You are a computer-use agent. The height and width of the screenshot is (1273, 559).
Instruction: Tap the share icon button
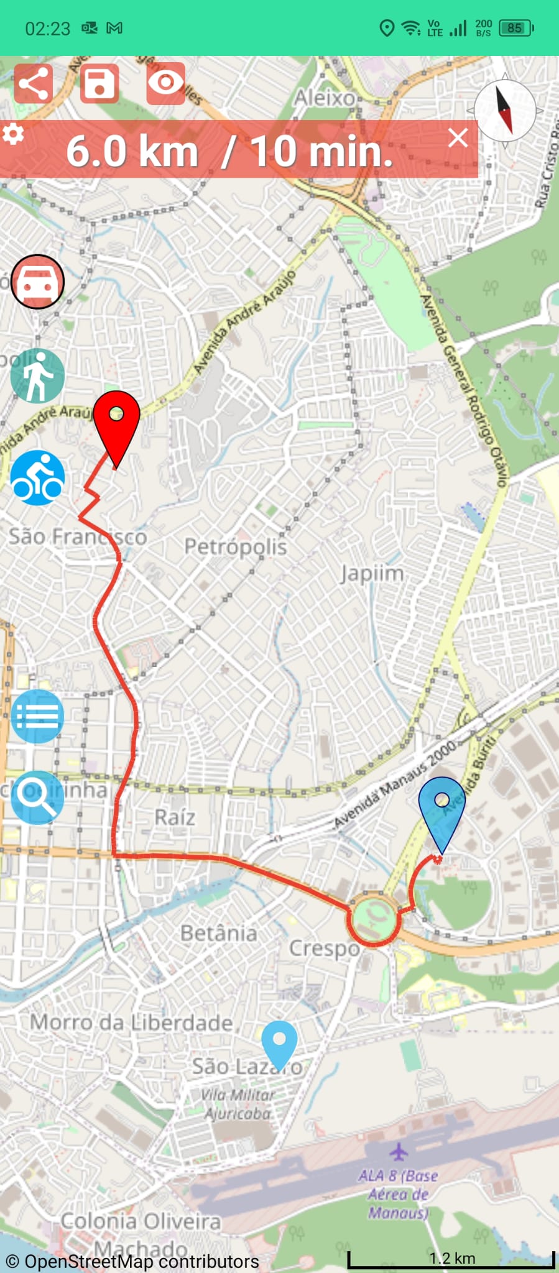click(x=33, y=83)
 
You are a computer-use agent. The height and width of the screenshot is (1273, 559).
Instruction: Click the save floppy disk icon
click(x=99, y=83)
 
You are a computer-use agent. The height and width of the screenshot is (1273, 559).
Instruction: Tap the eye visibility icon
click(x=166, y=83)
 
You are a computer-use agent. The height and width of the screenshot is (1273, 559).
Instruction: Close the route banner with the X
click(x=458, y=138)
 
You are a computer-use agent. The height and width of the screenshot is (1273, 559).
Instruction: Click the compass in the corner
click(x=504, y=110)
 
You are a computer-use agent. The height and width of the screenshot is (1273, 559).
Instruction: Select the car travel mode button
click(x=37, y=282)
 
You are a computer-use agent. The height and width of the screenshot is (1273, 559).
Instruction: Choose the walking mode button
click(x=37, y=376)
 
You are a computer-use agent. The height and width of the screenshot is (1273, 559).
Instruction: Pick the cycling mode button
click(x=37, y=478)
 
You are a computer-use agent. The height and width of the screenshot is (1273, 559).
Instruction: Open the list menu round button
click(x=37, y=716)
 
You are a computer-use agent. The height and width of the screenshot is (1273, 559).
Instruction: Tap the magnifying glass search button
click(x=37, y=797)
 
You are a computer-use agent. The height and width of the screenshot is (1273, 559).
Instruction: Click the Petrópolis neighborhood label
click(x=236, y=546)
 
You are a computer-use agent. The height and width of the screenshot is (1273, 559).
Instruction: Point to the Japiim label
click(x=372, y=573)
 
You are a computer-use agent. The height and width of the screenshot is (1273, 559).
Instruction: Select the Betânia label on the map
click(x=218, y=933)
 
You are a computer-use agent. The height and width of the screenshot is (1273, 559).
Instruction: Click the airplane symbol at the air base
click(x=399, y=1152)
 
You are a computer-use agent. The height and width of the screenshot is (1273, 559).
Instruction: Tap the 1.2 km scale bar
click(x=451, y=1259)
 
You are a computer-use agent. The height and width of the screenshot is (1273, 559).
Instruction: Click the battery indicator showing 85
click(x=515, y=28)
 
